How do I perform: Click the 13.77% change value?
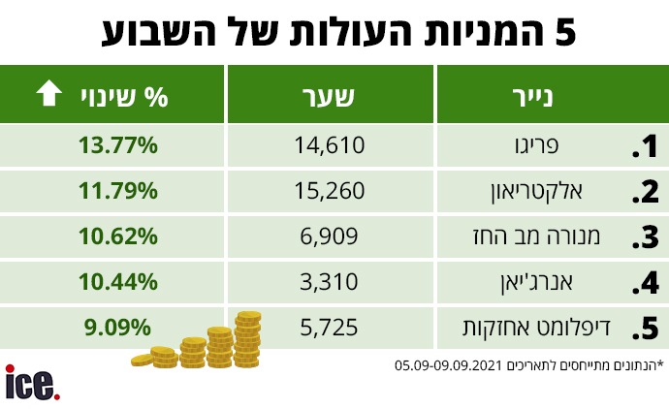117,145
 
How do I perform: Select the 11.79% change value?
117,190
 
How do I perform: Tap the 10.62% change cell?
117,236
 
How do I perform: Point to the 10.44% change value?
117,281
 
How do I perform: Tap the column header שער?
330,95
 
